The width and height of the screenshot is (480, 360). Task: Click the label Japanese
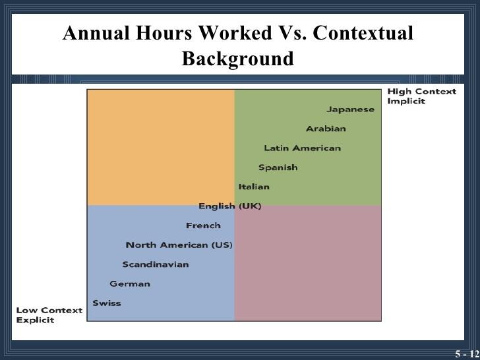click(350, 109)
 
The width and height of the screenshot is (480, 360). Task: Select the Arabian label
click(326, 129)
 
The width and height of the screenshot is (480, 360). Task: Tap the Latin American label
click(303, 148)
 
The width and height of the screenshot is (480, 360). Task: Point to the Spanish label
click(278, 167)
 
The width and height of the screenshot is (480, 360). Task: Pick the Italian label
click(254, 187)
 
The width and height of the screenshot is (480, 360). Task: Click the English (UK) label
click(230, 206)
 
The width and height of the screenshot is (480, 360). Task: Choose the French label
click(203, 225)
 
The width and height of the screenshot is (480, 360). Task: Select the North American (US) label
click(179, 245)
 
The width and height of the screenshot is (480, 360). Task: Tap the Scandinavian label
click(156, 264)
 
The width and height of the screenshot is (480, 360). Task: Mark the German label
click(130, 284)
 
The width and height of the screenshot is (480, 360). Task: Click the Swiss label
click(107, 303)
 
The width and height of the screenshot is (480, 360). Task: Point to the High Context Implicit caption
click(422, 96)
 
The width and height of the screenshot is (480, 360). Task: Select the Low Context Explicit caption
click(49, 315)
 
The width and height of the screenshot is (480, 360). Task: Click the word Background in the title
click(238, 58)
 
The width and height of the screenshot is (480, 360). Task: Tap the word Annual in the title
click(96, 33)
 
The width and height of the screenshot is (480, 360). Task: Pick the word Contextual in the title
click(363, 33)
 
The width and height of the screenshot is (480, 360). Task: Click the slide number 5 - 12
click(467, 354)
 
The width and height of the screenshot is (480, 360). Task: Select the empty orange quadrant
click(161, 147)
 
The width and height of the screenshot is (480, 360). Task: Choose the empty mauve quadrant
click(308, 263)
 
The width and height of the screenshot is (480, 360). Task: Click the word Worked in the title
click(235, 33)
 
